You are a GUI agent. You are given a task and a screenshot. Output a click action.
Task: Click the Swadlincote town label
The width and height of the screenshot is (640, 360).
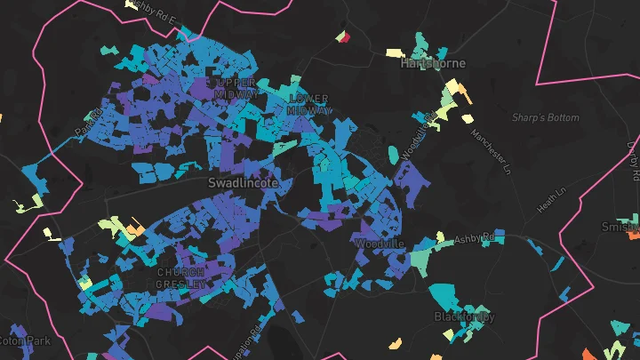(x=243, y=181)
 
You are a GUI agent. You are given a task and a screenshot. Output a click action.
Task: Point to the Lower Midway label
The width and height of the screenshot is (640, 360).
(x=308, y=104)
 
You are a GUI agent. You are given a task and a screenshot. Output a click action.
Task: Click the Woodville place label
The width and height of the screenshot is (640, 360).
(x=380, y=243)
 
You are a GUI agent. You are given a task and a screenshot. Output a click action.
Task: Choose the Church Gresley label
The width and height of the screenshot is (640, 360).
(x=181, y=277)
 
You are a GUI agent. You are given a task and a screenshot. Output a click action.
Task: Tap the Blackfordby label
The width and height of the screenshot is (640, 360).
(x=464, y=316)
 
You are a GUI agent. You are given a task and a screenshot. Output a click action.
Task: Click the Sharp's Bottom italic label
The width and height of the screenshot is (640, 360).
(x=545, y=117)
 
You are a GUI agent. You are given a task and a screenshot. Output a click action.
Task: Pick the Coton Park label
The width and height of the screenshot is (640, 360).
(x=25, y=340)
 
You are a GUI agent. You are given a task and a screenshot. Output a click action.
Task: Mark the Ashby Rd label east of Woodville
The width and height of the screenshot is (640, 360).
(x=474, y=239)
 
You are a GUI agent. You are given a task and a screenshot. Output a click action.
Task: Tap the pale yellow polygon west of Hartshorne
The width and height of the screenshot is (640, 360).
(x=393, y=53)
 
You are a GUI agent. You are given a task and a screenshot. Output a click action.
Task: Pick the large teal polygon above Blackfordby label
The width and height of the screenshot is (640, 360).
(x=445, y=295)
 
